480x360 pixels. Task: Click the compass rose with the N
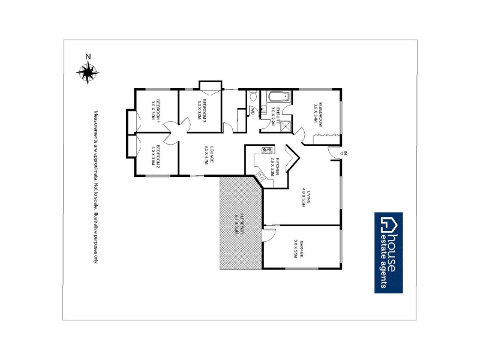click(88, 72)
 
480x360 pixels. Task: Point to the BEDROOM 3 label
click(201, 109)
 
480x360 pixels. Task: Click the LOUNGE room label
click(208, 155)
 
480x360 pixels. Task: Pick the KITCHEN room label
click(274, 166)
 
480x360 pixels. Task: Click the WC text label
click(252, 110)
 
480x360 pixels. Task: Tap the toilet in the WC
click(253, 96)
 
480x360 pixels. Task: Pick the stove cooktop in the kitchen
click(266, 150)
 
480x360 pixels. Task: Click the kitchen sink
click(260, 175)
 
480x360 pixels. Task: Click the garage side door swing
click(268, 236)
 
